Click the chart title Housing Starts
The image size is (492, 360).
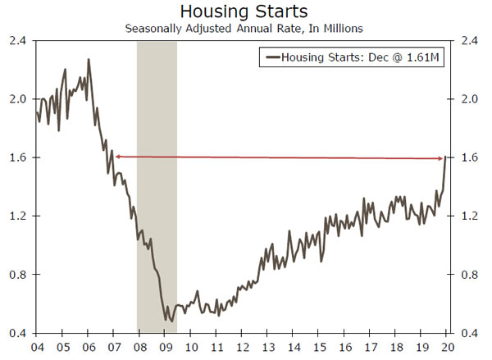click(x=245, y=11)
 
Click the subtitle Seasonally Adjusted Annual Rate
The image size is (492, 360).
click(x=246, y=29)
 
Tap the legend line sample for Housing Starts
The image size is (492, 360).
click(x=270, y=57)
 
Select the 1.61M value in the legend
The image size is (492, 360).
click(x=424, y=57)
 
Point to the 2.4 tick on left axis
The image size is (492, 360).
click(x=17, y=40)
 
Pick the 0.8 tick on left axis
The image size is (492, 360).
click(x=17, y=274)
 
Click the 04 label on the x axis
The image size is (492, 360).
click(x=37, y=347)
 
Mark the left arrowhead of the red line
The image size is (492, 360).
click(x=116, y=156)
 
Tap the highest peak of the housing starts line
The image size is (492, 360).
click(x=88, y=59)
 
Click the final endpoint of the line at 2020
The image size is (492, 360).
click(x=444, y=157)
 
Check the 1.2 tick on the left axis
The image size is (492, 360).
click(x=17, y=216)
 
